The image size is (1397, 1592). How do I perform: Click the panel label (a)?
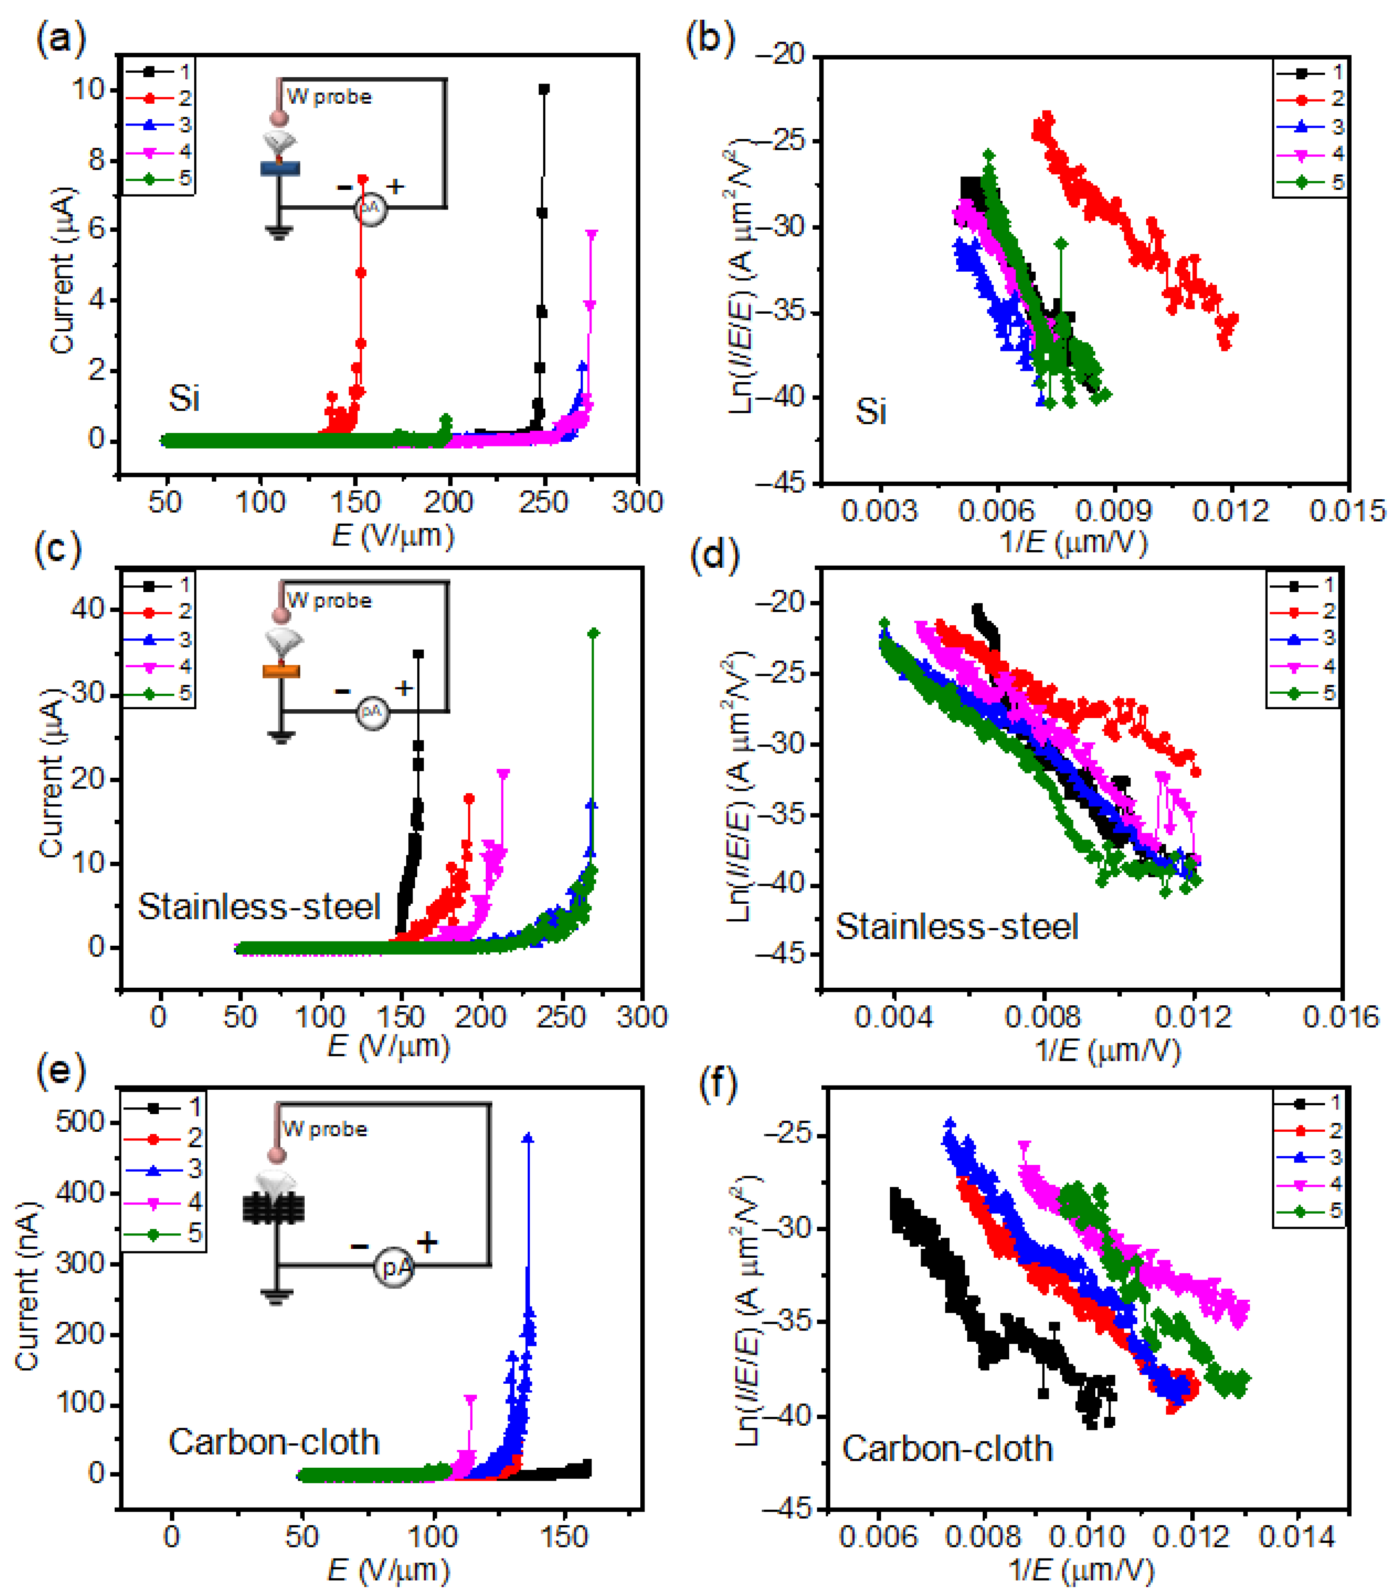pos(60,39)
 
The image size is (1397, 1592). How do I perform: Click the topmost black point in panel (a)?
pos(544,89)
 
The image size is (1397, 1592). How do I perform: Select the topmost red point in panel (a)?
pos(362,179)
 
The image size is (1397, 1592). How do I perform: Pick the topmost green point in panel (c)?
pos(594,633)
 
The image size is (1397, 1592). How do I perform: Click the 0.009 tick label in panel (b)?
pos(1113,511)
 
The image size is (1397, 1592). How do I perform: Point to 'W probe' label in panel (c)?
pos(329,601)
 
